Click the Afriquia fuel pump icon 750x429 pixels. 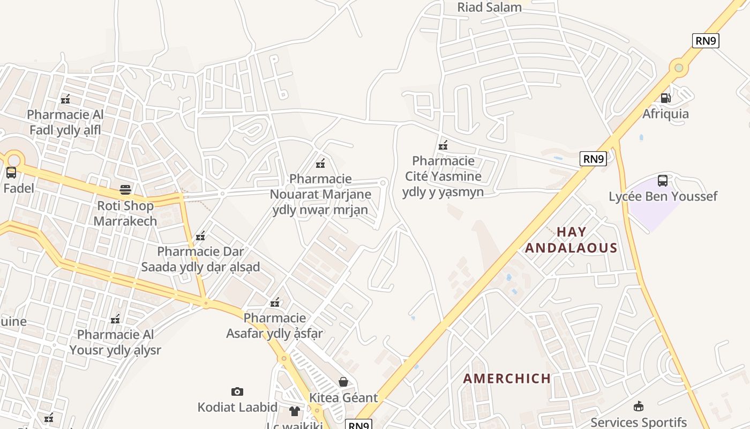665,98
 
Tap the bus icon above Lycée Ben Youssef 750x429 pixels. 663,180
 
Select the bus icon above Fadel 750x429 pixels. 11,173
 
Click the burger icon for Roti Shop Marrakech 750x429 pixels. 125,189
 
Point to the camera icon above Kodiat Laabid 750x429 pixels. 237,391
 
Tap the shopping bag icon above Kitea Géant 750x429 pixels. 343,382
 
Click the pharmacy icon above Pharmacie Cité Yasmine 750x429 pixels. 443,145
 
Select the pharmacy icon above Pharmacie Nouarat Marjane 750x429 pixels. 320,163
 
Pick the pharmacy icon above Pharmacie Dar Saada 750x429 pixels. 200,235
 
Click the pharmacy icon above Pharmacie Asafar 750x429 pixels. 275,302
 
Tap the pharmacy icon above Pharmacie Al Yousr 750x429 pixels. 115,319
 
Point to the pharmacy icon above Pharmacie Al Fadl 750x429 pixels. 65,99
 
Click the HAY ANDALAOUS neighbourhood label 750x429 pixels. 571,240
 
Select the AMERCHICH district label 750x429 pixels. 507,379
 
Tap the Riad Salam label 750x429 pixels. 489,8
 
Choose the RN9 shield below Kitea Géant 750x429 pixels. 358,425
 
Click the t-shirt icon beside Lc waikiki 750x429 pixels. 295,411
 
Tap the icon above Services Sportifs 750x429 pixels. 638,406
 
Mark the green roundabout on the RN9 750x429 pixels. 679,68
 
